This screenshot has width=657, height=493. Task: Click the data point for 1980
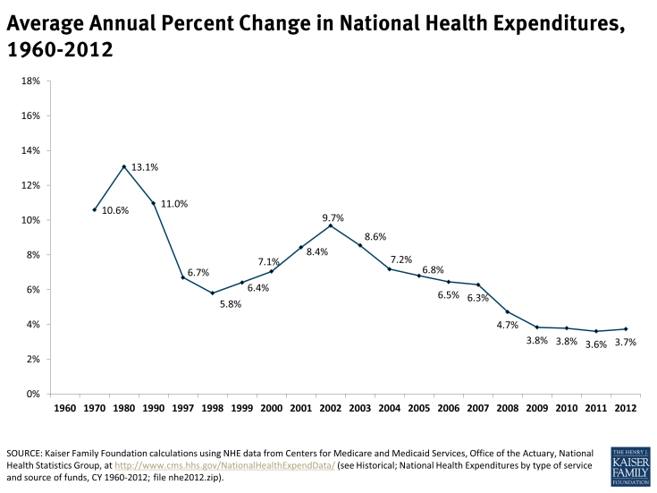123,166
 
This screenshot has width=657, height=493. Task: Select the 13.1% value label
145,167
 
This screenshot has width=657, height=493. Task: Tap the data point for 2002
330,225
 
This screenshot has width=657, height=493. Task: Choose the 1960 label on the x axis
64,409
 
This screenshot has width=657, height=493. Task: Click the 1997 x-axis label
182,409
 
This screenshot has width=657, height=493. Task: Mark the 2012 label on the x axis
625,409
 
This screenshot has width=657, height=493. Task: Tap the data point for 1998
212,293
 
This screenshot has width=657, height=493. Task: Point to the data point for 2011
595,331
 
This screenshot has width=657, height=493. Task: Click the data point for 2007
477,285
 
